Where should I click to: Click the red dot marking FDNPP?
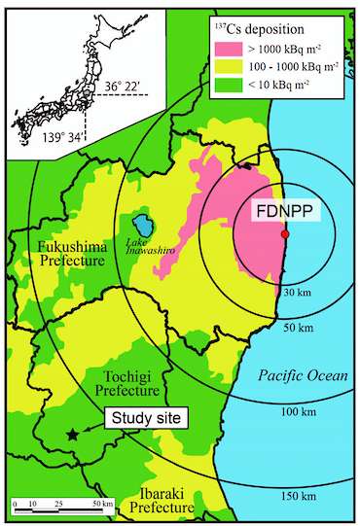(x=284, y=235)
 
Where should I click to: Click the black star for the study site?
(x=72, y=435)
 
